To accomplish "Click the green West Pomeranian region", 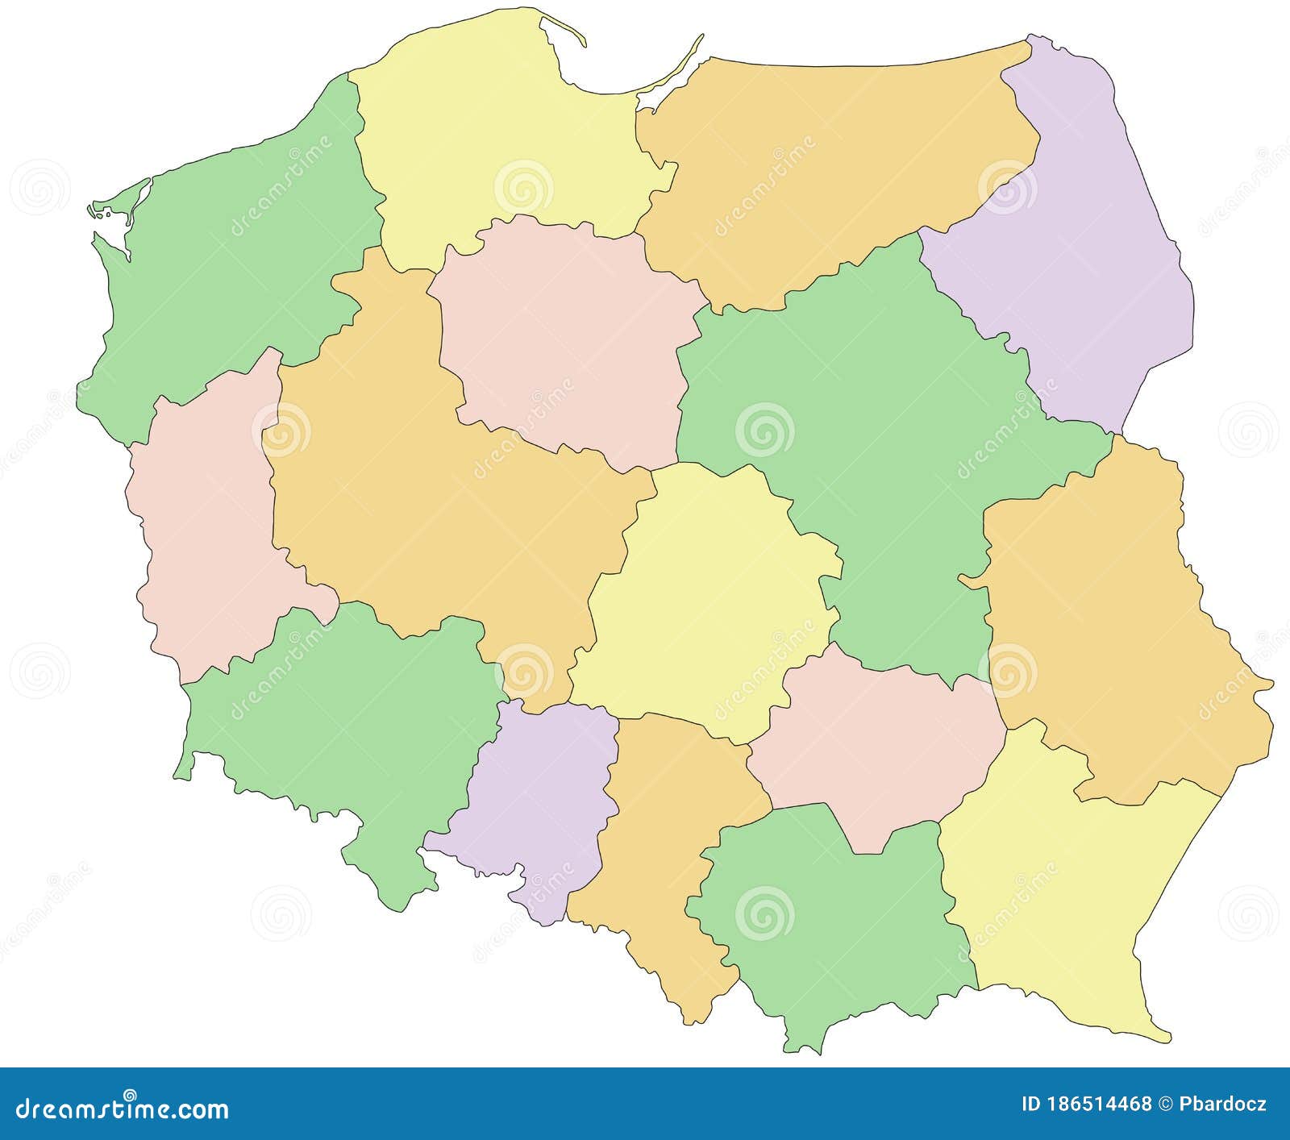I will tap(234, 266).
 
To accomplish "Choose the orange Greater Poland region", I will tap(427, 500).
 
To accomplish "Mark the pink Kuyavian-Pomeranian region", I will tap(564, 339).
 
